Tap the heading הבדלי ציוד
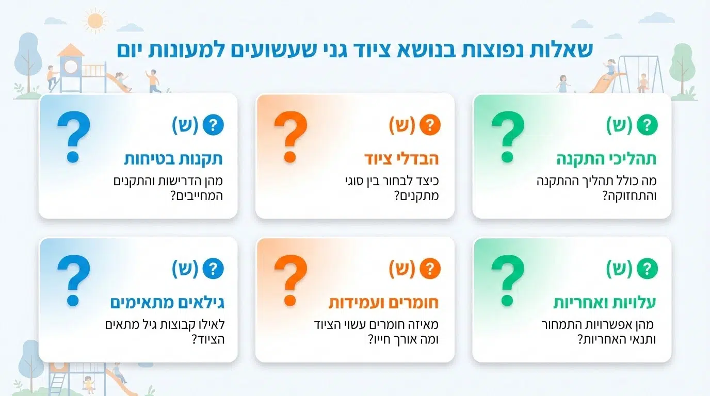coord(401,159)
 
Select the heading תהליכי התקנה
coord(606,159)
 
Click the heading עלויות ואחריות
coord(604,303)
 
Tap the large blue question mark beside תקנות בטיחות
coord(74,137)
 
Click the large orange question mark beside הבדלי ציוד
coord(291,137)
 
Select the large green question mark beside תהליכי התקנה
coord(508,137)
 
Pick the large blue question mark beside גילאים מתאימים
coord(74,281)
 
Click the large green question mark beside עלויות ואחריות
coord(508,281)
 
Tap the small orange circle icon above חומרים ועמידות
coord(430,269)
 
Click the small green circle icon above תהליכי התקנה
coord(648,125)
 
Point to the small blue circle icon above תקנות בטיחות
coord(213,125)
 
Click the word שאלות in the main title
coord(564,50)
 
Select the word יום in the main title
coord(133,50)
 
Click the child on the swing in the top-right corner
coord(642,81)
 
